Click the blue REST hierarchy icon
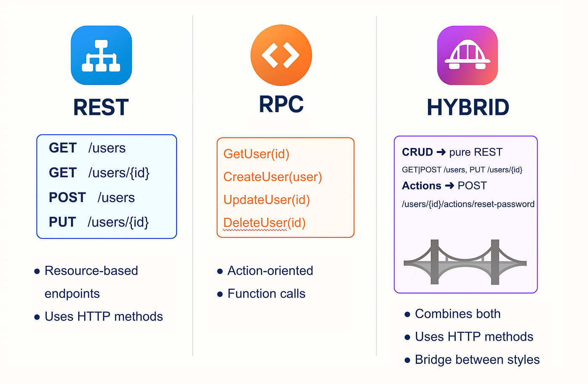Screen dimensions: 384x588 pos(101,55)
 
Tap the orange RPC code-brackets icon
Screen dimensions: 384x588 pos(281,55)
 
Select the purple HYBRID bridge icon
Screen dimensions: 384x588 pos(467,55)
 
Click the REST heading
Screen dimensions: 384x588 pos(101,107)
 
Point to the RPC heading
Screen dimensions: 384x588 pos(281,104)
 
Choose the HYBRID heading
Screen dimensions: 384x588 pos(468,107)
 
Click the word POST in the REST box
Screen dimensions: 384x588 pos(67,197)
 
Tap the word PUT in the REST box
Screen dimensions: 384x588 pos(62,222)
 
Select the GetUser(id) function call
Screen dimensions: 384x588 pos(256,154)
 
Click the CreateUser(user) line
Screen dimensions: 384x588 pos(273,177)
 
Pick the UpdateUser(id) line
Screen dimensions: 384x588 pos(266,200)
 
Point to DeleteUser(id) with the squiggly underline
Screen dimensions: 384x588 pos(264,223)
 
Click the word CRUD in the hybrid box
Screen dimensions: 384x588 pos(417,152)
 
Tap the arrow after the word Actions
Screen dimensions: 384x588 pos(449,186)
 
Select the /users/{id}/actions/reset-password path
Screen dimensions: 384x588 pos(468,204)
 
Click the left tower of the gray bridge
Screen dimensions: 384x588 pos(435,262)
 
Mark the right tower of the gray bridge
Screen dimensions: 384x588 pos(495,262)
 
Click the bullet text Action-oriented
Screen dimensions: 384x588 pos(270,271)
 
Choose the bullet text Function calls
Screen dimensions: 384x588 pos(266,294)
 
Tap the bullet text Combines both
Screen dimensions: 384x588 pos(457,314)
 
